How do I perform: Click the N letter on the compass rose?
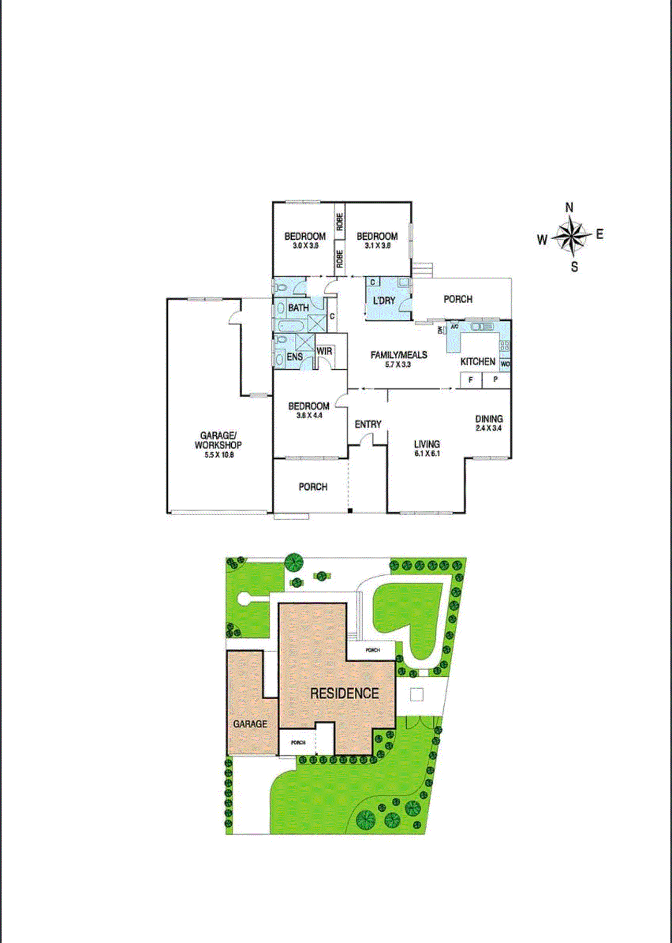click(569, 207)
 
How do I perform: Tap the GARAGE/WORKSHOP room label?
click(218, 440)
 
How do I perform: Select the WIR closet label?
click(324, 351)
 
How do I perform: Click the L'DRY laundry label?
click(384, 301)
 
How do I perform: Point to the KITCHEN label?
click(478, 362)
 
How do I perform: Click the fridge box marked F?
click(470, 380)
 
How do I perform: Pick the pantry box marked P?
click(495, 380)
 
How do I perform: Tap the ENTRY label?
click(368, 425)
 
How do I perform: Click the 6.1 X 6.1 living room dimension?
click(427, 454)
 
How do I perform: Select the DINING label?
click(489, 419)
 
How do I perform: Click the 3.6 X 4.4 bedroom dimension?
click(309, 416)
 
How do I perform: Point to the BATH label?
click(298, 308)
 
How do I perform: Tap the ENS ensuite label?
click(294, 357)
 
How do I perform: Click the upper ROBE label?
click(340, 222)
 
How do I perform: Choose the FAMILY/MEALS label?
click(399, 355)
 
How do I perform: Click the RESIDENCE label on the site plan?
click(344, 693)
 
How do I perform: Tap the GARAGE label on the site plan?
click(250, 724)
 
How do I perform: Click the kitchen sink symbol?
click(482, 327)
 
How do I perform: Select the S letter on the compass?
click(574, 267)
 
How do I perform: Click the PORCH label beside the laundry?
click(458, 299)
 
